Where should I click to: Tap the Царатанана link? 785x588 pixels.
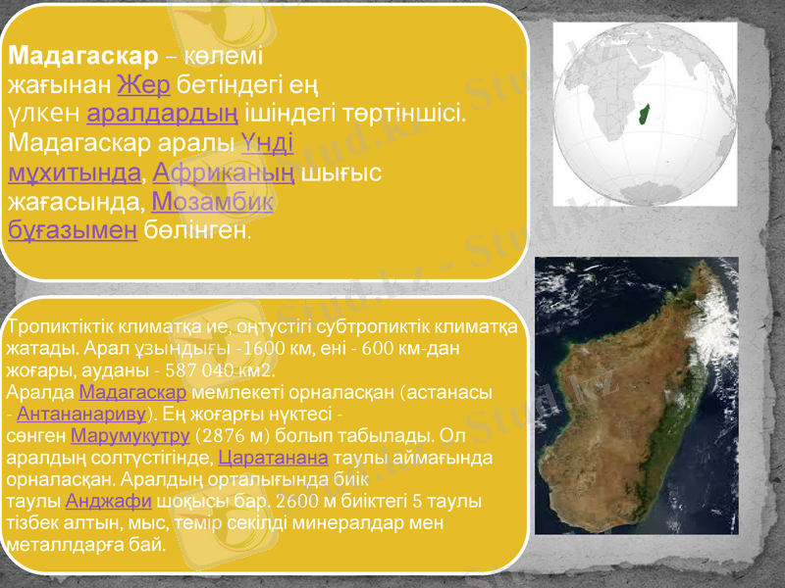point(273,458)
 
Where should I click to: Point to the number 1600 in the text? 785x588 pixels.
point(241,349)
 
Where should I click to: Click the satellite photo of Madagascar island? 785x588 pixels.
point(636,395)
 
